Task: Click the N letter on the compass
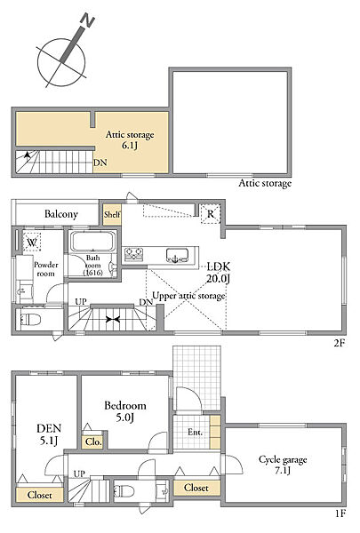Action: click(x=88, y=21)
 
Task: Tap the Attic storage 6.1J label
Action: click(x=130, y=139)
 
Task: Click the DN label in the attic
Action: click(x=100, y=163)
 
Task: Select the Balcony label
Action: click(x=61, y=214)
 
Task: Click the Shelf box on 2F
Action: click(x=112, y=214)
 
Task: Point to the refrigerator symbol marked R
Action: click(x=211, y=214)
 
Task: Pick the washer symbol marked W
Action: click(x=32, y=242)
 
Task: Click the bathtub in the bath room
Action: click(x=92, y=242)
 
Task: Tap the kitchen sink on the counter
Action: click(x=177, y=255)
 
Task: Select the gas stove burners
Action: click(x=134, y=253)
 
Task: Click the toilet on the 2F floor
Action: click(x=30, y=320)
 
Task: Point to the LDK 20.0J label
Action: click(x=219, y=273)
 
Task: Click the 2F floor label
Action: click(x=339, y=343)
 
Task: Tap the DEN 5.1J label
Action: click(x=49, y=434)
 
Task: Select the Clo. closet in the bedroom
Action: click(x=93, y=442)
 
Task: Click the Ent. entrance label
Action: click(x=195, y=433)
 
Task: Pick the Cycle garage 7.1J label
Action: click(x=283, y=465)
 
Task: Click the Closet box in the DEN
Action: click(x=40, y=495)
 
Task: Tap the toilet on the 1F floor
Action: click(x=124, y=491)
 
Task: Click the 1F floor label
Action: click(x=340, y=522)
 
